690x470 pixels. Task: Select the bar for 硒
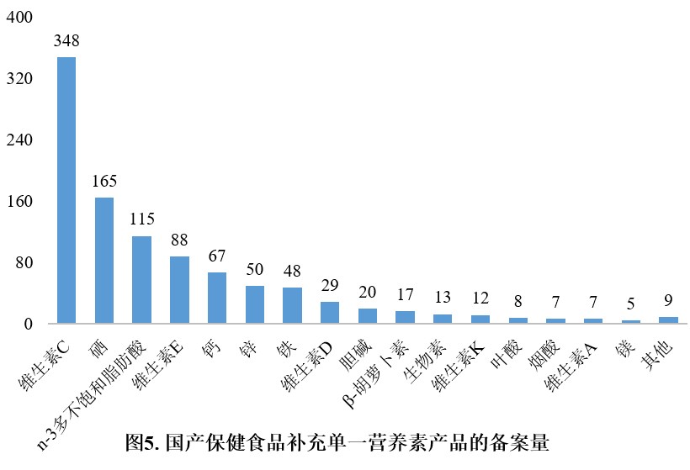pos(104,260)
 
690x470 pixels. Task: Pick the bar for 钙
pos(217,298)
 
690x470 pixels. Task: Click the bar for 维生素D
pos(330,313)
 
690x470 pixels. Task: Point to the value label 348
pos(66,40)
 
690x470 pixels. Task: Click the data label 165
pos(104,181)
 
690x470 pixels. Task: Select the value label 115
pos(142,219)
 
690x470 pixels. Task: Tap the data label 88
pos(179,240)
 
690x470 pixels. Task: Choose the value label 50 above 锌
pos(254,269)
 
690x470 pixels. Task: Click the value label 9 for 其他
pos(668,299)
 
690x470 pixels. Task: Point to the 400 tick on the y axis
pos(19,18)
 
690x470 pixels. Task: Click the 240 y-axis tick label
pos(19,140)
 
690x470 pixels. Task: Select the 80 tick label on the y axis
pos(24,263)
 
